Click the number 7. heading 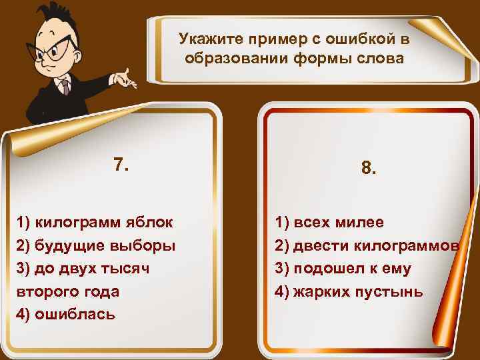(x=121, y=165)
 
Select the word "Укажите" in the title (x=203, y=40)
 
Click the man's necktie (x=65, y=87)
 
